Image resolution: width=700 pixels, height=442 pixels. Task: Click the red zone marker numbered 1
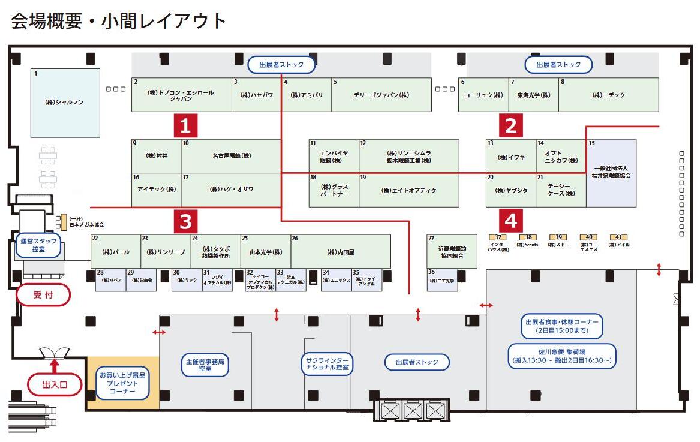[185, 125]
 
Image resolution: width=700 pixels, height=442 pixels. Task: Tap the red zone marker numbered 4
[510, 221]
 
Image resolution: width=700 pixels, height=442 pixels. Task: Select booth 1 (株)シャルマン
[65, 103]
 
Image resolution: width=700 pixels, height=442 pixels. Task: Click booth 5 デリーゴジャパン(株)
[381, 95]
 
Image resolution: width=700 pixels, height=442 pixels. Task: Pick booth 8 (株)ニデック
[609, 95]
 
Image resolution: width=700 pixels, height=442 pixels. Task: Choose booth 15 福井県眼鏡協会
[611, 173]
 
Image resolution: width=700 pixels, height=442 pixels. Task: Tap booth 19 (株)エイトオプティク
[409, 190]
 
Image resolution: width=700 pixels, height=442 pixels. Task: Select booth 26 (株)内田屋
[341, 251]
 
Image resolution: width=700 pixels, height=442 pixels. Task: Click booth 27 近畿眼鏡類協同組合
[452, 251]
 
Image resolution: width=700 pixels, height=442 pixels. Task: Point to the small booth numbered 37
[498, 237]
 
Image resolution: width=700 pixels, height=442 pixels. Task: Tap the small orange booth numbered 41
[618, 237]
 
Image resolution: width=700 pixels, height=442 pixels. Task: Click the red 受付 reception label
[43, 294]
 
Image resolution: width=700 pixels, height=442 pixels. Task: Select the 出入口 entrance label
[55, 385]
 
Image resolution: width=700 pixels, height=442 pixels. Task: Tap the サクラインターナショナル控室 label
[328, 363]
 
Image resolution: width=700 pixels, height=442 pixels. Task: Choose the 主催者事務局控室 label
[205, 365]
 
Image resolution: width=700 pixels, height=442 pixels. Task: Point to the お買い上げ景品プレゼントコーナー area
[123, 383]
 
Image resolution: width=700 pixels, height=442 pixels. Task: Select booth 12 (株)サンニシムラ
[409, 157]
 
